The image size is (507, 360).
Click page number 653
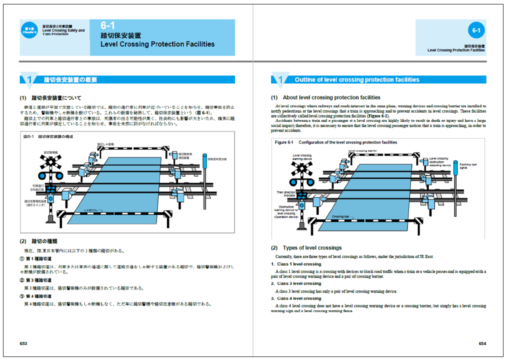(x=23, y=343)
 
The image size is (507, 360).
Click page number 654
(x=482, y=343)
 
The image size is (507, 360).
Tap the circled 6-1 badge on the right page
(x=475, y=31)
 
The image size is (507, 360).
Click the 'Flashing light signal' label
(x=469, y=166)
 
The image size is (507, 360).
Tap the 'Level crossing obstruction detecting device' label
(x=440, y=161)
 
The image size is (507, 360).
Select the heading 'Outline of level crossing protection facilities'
(x=357, y=79)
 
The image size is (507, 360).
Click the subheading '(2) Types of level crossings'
(x=306, y=247)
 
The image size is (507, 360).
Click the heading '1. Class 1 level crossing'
(x=296, y=264)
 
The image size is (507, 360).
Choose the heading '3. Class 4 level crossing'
(x=296, y=298)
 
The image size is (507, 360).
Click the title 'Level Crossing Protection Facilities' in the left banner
(x=157, y=44)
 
